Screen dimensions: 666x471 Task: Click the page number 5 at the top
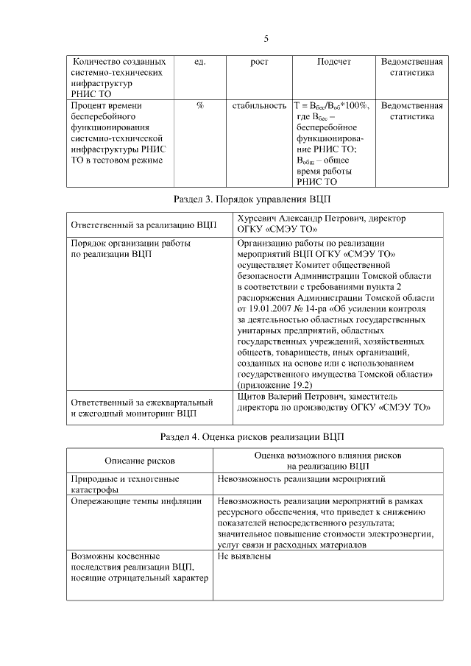point(266,39)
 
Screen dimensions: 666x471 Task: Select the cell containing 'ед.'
point(199,62)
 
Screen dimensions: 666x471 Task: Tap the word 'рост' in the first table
point(259,62)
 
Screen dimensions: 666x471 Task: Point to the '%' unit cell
point(199,106)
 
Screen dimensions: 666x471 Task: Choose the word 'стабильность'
point(259,106)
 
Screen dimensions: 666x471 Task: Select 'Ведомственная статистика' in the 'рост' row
point(412,68)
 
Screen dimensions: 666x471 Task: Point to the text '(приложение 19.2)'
point(274,385)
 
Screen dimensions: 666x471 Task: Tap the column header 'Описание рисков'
point(140,461)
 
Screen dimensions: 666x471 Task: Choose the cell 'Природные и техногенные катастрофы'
point(125,484)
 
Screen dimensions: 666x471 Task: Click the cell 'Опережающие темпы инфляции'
point(136,502)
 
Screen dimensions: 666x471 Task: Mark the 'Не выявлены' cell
point(244,556)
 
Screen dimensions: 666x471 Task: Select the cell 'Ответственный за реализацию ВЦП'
point(144,224)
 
